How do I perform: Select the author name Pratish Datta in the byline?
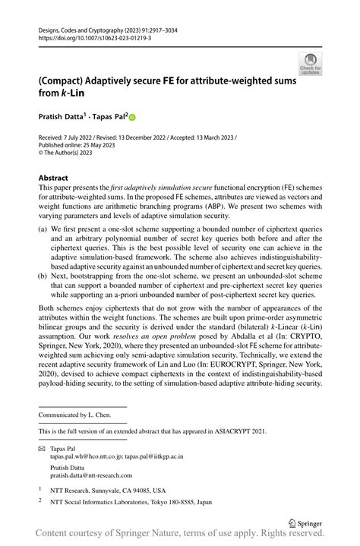point(62,116)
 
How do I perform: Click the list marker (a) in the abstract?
point(43,229)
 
